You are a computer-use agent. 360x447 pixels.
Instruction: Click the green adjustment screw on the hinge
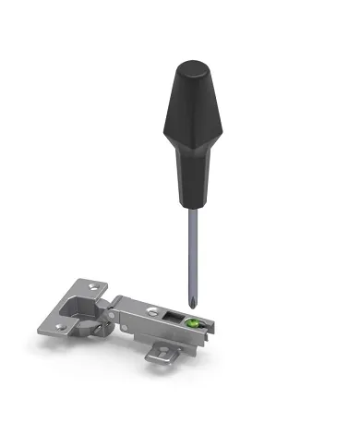193,323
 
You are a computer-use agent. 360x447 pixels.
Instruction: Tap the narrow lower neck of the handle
194,189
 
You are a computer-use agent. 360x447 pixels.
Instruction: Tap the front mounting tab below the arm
163,351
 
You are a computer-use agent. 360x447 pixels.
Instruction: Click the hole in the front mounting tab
163,352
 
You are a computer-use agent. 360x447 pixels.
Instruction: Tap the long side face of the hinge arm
162,332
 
